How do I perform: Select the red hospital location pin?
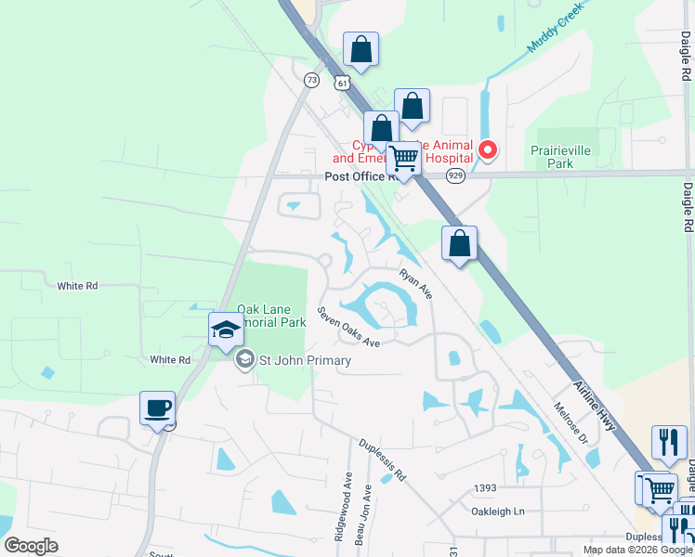(486, 149)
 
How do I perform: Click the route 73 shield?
(311, 81)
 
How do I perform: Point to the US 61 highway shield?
(344, 83)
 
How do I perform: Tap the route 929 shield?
(455, 175)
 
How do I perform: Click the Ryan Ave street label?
(416, 284)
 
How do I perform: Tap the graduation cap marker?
(226, 329)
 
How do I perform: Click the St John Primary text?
(305, 360)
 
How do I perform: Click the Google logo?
(31, 546)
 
